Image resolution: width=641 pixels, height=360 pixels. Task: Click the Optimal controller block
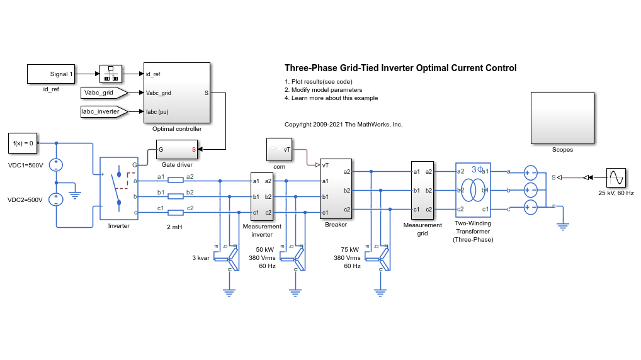click(x=177, y=93)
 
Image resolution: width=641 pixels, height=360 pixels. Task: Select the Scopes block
click(x=562, y=118)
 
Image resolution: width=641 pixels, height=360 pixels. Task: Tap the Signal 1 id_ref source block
click(x=51, y=74)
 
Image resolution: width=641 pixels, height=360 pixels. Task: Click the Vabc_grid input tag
click(x=103, y=93)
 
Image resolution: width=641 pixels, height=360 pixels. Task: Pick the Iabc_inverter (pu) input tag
click(x=103, y=112)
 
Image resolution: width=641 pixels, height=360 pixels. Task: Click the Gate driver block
click(x=176, y=150)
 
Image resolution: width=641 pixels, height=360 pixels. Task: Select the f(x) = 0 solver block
click(x=23, y=143)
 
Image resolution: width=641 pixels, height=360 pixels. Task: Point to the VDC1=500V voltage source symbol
click(x=56, y=166)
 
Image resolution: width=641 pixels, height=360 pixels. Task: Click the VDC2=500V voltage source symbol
click(x=56, y=200)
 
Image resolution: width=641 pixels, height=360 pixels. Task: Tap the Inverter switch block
click(x=118, y=188)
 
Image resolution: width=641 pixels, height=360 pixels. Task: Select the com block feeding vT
click(x=279, y=150)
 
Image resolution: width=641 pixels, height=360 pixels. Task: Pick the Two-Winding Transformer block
click(x=473, y=190)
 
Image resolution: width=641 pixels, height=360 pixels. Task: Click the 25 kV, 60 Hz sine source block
click(x=616, y=178)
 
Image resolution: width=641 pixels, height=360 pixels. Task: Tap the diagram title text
click(x=400, y=68)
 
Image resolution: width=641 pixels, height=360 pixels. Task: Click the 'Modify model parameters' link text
click(x=324, y=90)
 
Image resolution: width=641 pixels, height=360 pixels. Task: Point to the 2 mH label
click(x=174, y=227)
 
